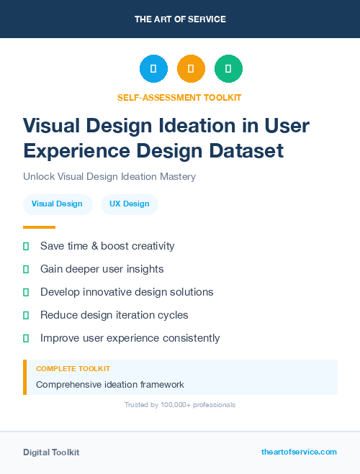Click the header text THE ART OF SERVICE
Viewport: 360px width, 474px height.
click(x=180, y=19)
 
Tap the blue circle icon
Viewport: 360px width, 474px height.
click(x=153, y=69)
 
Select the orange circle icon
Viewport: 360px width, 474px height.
click(x=191, y=69)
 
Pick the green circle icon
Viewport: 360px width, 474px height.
click(x=228, y=69)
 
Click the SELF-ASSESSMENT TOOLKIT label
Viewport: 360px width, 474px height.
click(x=180, y=97)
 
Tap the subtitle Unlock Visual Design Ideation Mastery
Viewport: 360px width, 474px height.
click(x=109, y=176)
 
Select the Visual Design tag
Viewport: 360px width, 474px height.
click(x=58, y=204)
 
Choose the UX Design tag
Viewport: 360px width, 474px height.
click(x=130, y=204)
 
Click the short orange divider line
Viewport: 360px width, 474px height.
click(x=39, y=227)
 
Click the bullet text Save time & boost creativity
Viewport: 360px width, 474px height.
click(x=107, y=246)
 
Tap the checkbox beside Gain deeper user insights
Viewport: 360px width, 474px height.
click(x=26, y=269)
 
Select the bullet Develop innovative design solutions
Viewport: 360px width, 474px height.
click(x=127, y=292)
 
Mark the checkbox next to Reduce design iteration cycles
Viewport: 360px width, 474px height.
click(x=26, y=315)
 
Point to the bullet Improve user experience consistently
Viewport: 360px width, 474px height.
click(x=130, y=338)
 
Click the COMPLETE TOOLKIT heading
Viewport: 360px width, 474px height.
click(x=73, y=369)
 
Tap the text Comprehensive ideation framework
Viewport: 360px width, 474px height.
click(x=110, y=385)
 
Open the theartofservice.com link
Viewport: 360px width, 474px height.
click(x=299, y=452)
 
